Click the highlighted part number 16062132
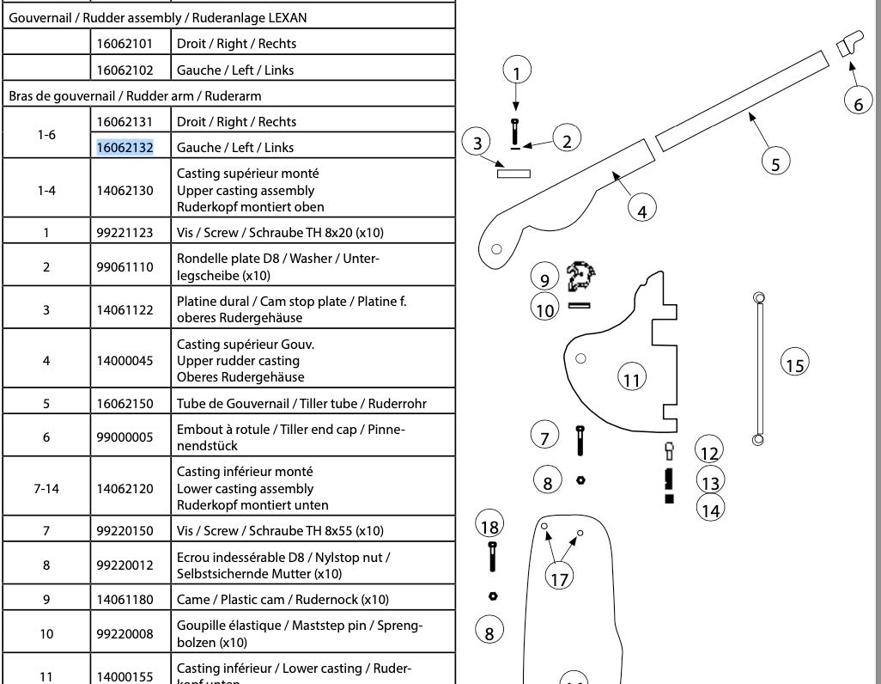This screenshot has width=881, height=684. [125, 147]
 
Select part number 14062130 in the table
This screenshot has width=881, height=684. [125, 190]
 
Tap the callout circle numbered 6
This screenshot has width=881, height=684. [858, 103]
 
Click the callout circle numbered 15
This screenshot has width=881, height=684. [794, 364]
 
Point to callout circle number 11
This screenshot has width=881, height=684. [632, 379]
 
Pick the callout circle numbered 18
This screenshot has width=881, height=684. [489, 526]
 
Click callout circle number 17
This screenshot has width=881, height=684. [560, 578]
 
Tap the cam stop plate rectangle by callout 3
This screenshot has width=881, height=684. [513, 174]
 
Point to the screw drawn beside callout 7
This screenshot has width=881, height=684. [580, 440]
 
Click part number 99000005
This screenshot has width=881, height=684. [125, 437]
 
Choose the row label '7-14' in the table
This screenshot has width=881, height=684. [46, 488]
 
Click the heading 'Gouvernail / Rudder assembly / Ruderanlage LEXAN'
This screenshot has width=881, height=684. [158, 17]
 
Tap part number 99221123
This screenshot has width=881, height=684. [125, 232]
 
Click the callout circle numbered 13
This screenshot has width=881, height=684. [710, 479]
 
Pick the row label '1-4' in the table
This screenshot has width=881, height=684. [46, 190]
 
